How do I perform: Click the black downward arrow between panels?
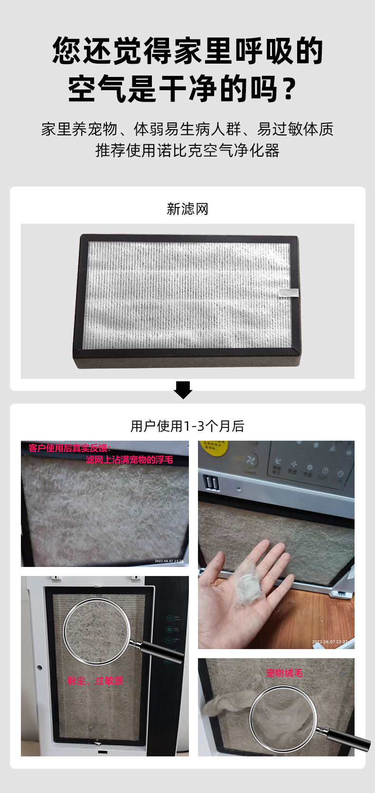[x=183, y=389]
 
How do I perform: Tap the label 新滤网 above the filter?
[x=187, y=209]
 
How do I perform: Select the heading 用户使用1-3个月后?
[x=187, y=426]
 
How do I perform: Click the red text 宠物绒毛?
[x=284, y=673]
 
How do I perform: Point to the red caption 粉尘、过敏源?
[x=95, y=680]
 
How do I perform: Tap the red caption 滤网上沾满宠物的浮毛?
[x=129, y=460]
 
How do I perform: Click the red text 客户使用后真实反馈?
[x=69, y=448]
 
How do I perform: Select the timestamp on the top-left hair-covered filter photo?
[x=169, y=561]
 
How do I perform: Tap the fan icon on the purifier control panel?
[x=251, y=461]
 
